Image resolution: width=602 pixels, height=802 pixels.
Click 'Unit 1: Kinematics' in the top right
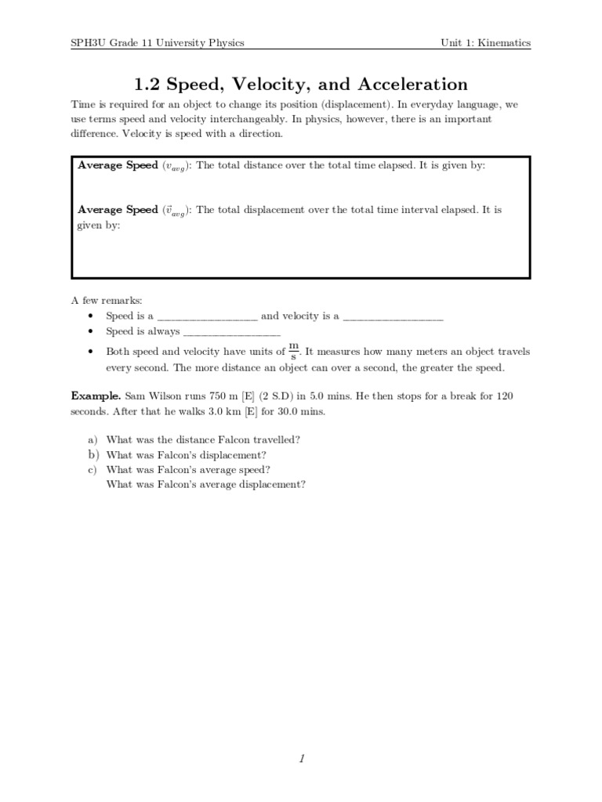(485, 42)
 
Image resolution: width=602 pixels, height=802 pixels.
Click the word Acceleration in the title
(406, 85)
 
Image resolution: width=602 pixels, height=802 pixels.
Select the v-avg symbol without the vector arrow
(174, 167)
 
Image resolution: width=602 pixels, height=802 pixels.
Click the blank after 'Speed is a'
(207, 317)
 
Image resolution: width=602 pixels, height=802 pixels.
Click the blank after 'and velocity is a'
(393, 317)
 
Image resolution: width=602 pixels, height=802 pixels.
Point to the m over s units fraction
(294, 350)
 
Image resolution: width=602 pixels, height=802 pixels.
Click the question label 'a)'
(92, 440)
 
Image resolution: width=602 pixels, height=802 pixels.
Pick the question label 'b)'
(92, 455)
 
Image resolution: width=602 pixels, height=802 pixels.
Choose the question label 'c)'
(92, 470)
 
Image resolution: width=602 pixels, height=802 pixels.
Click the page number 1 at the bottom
(301, 758)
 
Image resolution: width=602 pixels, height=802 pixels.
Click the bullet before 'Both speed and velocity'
(91, 352)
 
